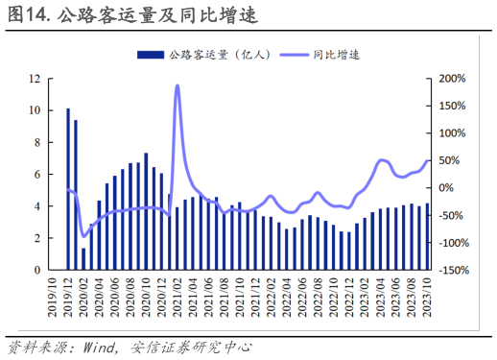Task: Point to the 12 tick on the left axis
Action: pos(35,79)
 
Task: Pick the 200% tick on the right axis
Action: pos(452,79)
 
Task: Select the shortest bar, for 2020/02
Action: pos(83,258)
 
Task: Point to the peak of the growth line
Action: pos(177,86)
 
